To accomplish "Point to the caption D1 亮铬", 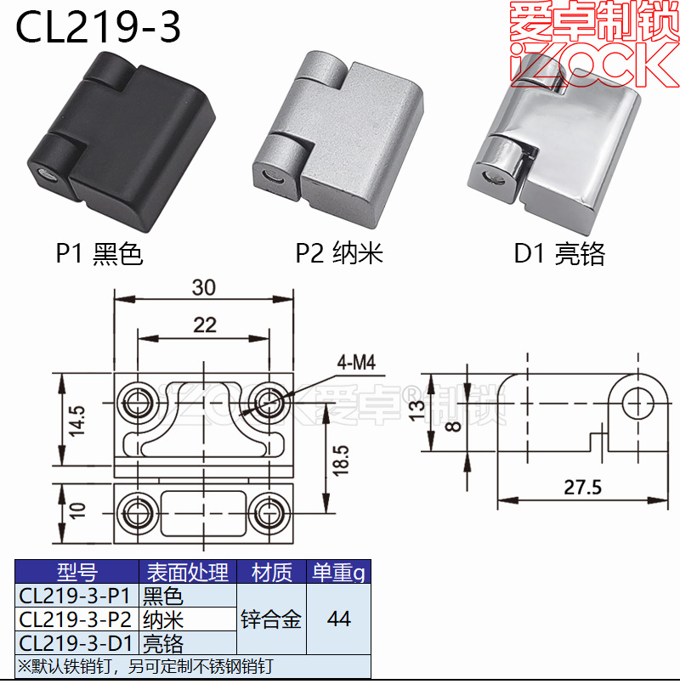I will pos(559,253).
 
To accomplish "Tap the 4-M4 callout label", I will pos(355,364).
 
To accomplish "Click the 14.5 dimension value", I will pos(76,420).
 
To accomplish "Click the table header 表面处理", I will pos(187,573).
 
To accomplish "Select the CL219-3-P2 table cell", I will pos(75,619).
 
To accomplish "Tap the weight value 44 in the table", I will pos(338,619).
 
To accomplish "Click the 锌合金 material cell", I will pos(271,619).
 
